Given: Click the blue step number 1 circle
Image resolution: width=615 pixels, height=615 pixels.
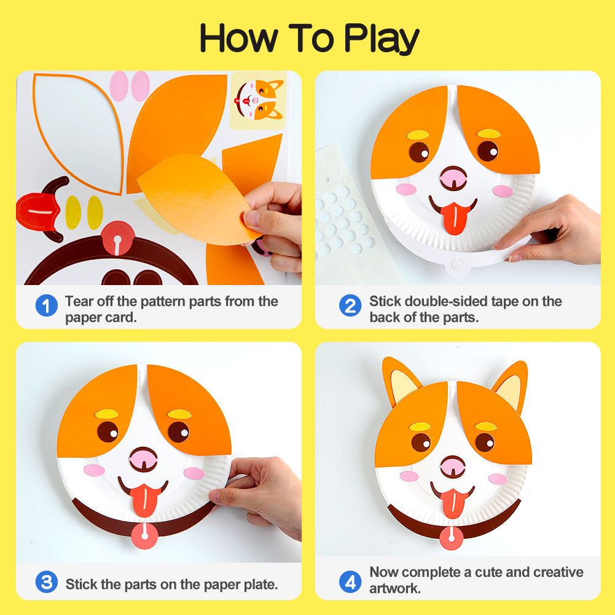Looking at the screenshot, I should click(46, 305).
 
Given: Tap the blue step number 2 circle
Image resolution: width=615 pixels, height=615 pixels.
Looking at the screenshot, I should click(350, 305).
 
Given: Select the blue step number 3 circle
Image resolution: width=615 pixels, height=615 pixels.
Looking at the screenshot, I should click(46, 582).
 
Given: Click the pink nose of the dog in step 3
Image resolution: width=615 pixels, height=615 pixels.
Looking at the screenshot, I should click(143, 458).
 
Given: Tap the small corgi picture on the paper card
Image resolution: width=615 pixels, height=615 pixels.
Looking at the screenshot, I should click(257, 100).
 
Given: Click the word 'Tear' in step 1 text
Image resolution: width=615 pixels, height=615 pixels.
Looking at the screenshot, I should click(79, 302).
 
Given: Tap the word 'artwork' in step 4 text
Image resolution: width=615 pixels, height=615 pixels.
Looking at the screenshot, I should click(394, 589).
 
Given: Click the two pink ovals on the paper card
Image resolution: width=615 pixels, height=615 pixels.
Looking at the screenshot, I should click(130, 86).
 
